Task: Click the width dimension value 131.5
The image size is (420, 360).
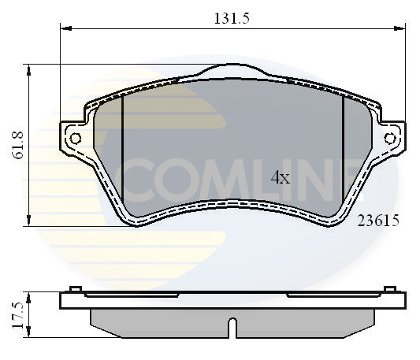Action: [231, 19]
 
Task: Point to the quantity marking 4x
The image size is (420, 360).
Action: [281, 178]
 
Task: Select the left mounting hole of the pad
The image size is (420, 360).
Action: [76, 139]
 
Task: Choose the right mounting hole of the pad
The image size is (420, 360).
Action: [390, 139]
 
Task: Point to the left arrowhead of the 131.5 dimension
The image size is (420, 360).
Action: [65, 28]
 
